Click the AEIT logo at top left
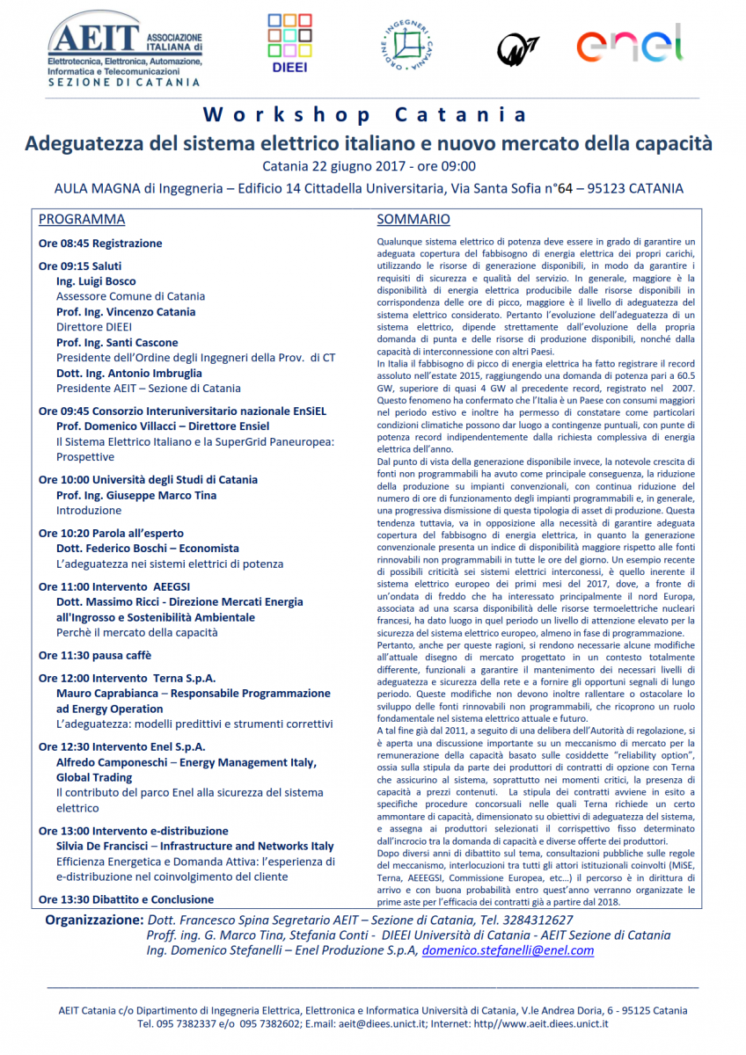(x=123, y=51)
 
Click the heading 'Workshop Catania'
(x=365, y=115)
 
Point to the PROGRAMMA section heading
(x=82, y=220)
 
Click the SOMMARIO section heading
(x=413, y=220)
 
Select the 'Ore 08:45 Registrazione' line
(x=100, y=244)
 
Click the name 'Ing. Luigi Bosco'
(x=96, y=281)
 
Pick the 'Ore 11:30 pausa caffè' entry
(x=95, y=655)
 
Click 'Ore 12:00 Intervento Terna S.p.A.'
(x=127, y=679)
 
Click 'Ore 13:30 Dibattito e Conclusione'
(x=126, y=899)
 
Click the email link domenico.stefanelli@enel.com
(x=508, y=950)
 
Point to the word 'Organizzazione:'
(x=92, y=920)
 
